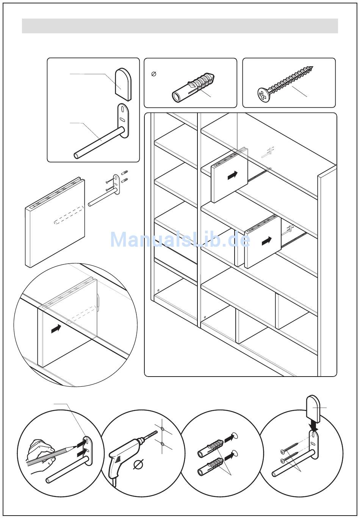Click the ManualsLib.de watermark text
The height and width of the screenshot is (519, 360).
point(180,240)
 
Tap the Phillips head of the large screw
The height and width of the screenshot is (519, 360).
point(263,94)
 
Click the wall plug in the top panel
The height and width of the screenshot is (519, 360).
point(194,87)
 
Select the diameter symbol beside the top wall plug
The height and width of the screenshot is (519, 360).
point(153,74)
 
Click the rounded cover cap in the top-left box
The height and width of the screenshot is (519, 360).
point(123,83)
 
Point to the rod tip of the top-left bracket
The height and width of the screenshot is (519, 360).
point(77,155)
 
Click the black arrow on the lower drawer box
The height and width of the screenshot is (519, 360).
point(267,240)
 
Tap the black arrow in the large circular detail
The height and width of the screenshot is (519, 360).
point(56,329)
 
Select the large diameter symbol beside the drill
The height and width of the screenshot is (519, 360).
point(139,464)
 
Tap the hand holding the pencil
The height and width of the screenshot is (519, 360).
point(40,453)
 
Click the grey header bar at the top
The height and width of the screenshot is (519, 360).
point(180,26)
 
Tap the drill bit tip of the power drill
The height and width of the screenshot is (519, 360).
point(157,432)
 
